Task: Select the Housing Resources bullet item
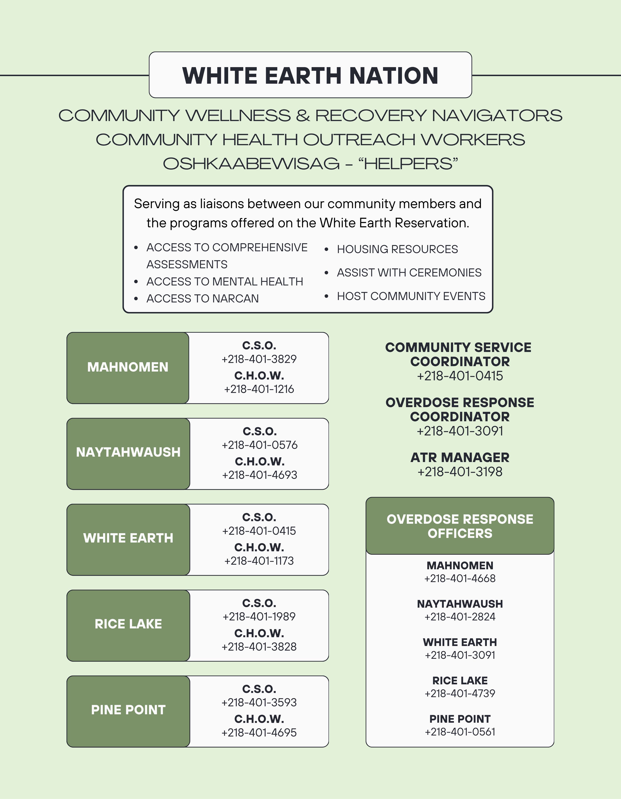(x=397, y=249)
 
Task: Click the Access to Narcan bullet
(x=202, y=299)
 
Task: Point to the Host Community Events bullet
(x=411, y=296)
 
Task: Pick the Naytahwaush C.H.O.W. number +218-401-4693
(x=259, y=475)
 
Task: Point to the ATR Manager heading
(x=460, y=457)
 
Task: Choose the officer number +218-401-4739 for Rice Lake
(x=460, y=693)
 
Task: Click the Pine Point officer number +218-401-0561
(x=460, y=732)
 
